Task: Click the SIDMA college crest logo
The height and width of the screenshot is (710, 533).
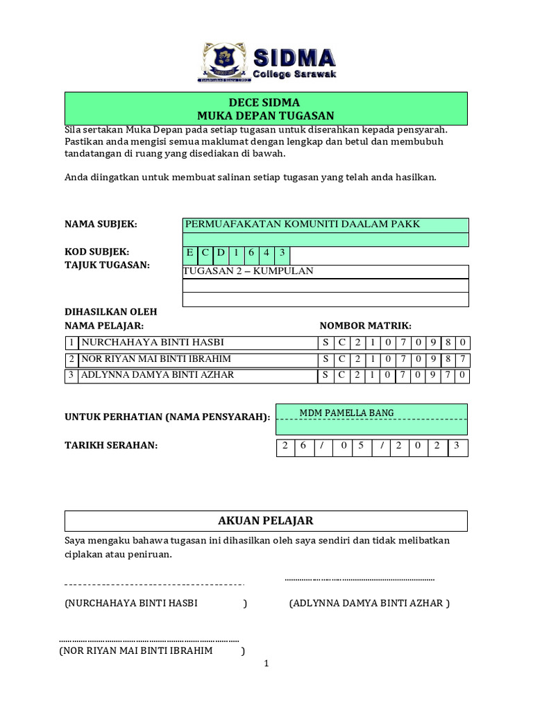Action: click(225, 62)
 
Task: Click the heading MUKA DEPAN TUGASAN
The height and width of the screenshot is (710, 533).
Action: click(266, 116)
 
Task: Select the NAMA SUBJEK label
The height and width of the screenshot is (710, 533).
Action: click(101, 224)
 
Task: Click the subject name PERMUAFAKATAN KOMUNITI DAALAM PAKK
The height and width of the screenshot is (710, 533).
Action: click(302, 224)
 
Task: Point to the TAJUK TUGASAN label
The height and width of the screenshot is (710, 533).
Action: click(107, 265)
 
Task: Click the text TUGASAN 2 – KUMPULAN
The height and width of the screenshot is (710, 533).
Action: click(248, 271)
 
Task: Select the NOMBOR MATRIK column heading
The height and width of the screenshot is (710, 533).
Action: click(365, 325)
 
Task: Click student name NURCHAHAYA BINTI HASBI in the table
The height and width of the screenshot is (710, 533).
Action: click(153, 343)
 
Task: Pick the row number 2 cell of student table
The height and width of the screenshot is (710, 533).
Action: click(71, 359)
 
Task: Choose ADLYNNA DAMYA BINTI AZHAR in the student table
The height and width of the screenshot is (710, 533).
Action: click(158, 375)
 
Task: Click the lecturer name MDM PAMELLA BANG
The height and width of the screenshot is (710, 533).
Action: click(346, 413)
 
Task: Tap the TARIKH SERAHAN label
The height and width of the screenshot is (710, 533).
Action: click(111, 444)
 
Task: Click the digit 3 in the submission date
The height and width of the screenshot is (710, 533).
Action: click(457, 446)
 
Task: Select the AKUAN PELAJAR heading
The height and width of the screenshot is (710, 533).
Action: click(266, 521)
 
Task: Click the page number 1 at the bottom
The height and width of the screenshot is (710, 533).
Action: click(266, 664)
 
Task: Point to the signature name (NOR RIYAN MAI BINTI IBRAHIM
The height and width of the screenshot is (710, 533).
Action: click(136, 652)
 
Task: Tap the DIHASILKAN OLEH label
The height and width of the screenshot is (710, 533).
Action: click(111, 312)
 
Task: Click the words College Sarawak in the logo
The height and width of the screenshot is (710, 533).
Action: click(294, 73)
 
